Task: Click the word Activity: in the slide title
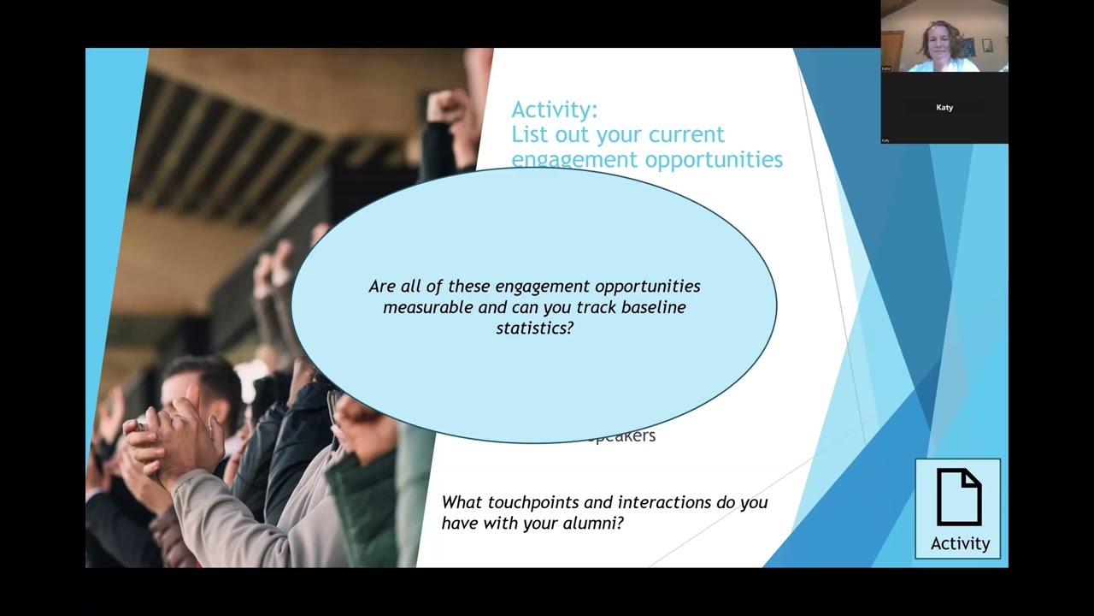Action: coord(554,110)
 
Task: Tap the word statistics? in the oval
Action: coord(534,328)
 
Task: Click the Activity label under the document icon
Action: coord(960,543)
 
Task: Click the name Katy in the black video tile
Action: coord(944,108)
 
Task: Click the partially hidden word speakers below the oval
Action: coord(623,436)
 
